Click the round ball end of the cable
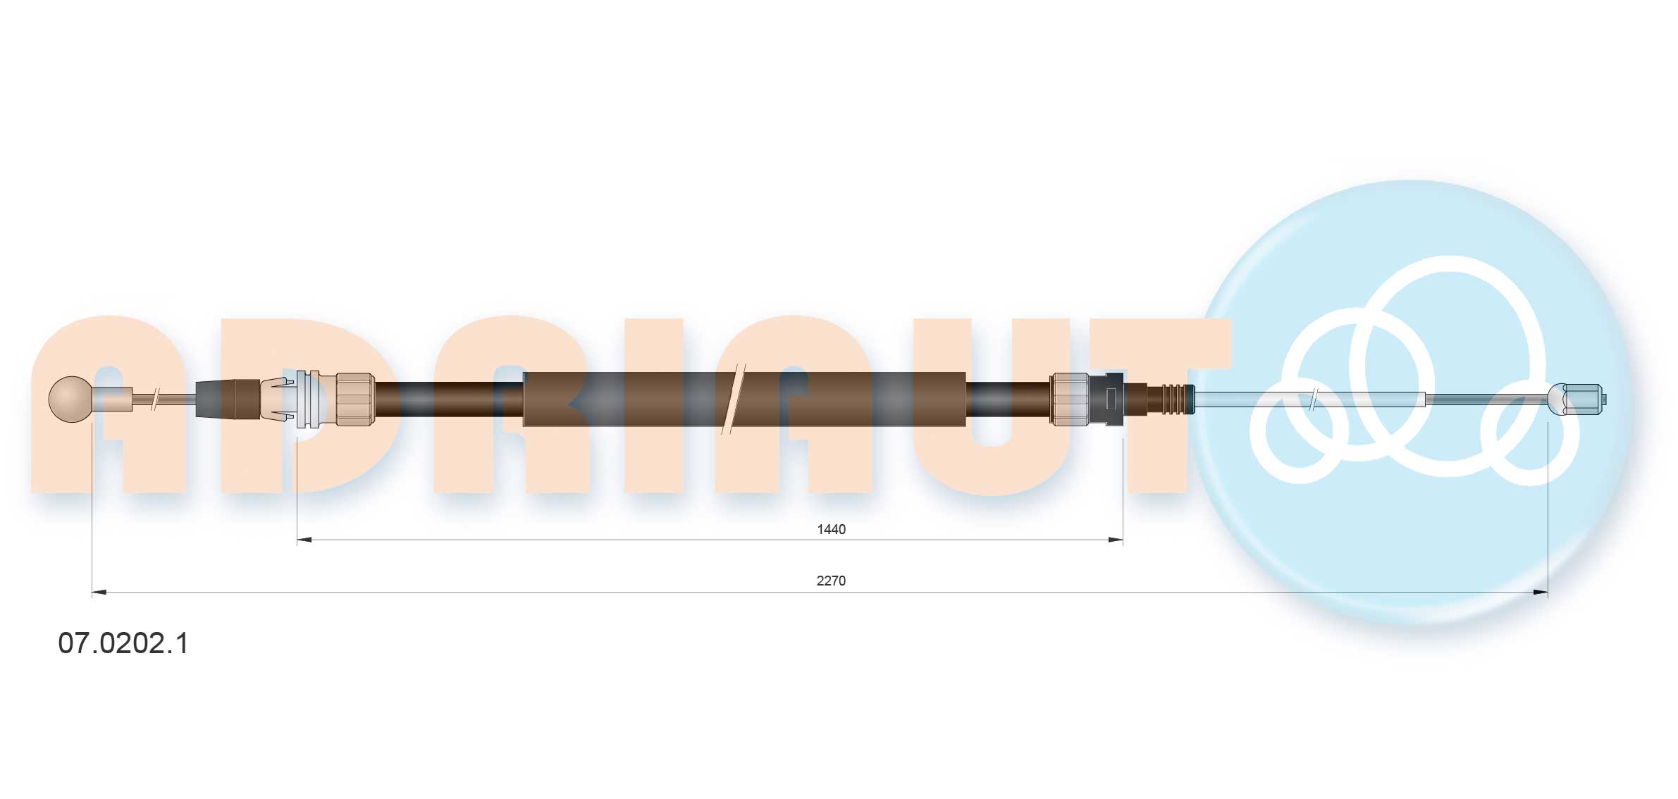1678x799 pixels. (70, 399)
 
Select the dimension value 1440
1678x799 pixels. (831, 529)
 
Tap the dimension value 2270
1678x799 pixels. (831, 581)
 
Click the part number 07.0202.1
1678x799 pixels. (123, 643)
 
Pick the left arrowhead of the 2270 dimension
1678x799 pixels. (99, 593)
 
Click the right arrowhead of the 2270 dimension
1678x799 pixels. (1541, 593)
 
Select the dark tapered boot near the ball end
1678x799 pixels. (228, 399)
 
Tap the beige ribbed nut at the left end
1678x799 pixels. (354, 399)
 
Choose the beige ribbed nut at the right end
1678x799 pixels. (1070, 399)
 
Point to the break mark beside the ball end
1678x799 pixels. (156, 399)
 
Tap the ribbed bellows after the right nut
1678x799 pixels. (1170, 399)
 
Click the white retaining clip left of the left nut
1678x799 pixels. (307, 399)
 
